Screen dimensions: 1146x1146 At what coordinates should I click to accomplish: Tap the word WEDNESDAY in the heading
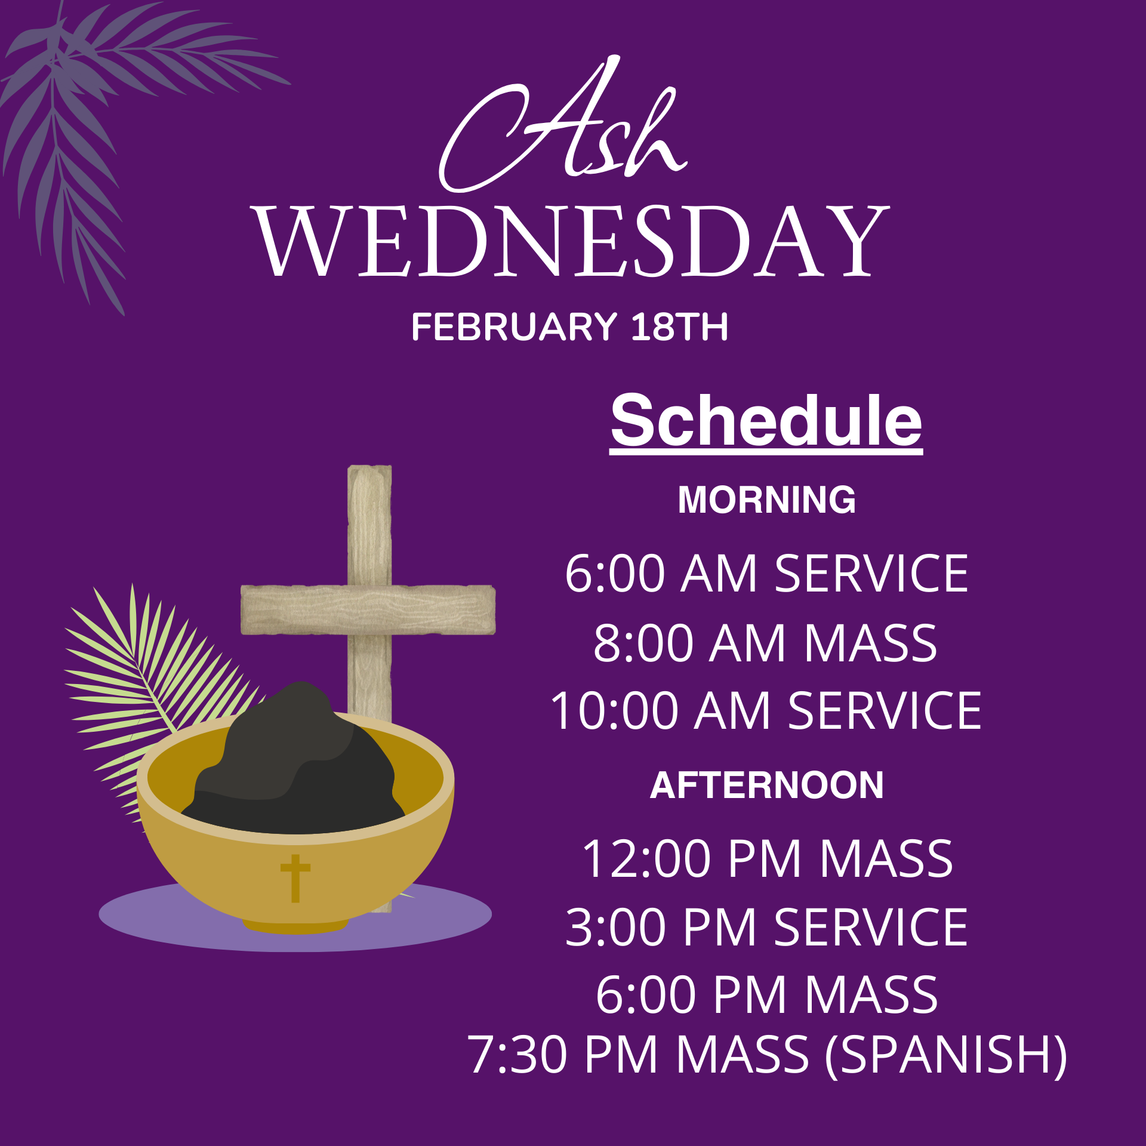coord(572,242)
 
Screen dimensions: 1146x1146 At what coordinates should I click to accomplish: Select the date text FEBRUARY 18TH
coord(569,327)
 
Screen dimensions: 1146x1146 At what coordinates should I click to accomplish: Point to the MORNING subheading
coord(766,500)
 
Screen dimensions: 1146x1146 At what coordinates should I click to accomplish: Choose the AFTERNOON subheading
coord(766,785)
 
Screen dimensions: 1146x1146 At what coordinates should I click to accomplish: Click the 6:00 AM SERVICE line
coord(766,574)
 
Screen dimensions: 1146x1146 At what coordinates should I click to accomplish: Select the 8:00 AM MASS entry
coord(765,643)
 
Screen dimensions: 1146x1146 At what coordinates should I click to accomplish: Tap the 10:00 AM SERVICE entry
coord(766,711)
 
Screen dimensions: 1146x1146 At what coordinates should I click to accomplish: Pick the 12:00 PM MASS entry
coord(767,859)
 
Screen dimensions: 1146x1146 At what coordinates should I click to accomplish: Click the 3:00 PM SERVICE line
coord(766,927)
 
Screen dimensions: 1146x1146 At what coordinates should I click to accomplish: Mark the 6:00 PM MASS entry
coord(766,995)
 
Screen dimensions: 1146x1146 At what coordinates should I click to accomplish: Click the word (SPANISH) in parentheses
coord(945,1056)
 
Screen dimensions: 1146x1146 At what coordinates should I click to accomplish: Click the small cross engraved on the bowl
coord(295,878)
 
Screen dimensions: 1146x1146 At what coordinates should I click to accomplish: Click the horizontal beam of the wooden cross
coord(368,609)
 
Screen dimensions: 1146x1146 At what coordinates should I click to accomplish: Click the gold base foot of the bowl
coord(295,926)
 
